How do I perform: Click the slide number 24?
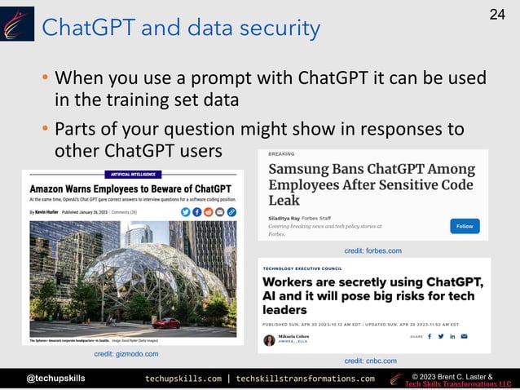click(497, 14)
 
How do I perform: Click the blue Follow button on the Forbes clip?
click(465, 226)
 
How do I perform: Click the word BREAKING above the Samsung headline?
click(282, 154)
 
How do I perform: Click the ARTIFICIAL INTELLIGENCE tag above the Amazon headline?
click(131, 174)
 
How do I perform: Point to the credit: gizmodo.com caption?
click(126, 353)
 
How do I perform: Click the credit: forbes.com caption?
click(373, 250)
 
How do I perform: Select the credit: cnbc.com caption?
click(370, 360)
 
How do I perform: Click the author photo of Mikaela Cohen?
click(269, 339)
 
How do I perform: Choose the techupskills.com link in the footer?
click(183, 379)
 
